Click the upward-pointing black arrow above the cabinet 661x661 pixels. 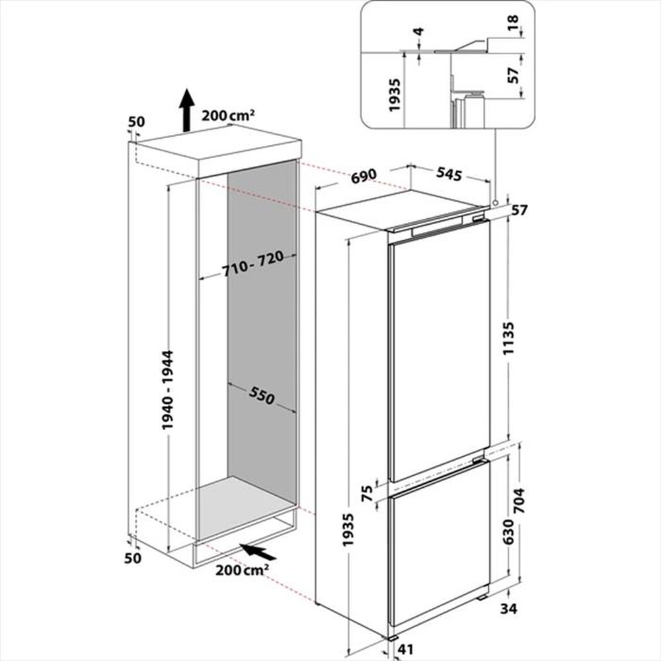click(x=187, y=108)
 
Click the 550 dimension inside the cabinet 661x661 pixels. click(x=261, y=396)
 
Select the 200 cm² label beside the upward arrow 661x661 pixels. click(x=229, y=115)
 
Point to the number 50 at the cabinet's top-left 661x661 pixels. click(x=136, y=122)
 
